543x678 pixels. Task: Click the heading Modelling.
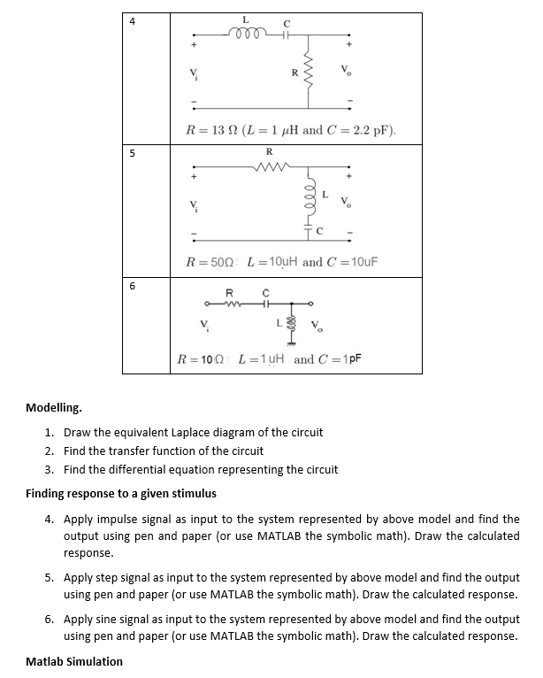click(x=54, y=408)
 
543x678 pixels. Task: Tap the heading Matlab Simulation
click(x=74, y=661)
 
